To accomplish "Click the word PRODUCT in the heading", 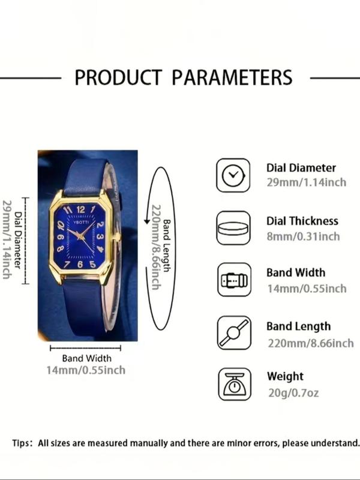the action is tap(118, 77).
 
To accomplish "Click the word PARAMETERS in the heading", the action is tap(232, 77).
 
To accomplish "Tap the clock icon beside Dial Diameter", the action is tap(233, 175).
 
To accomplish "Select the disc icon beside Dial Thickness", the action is tap(233, 228).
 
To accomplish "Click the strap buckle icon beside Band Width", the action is tap(234, 280).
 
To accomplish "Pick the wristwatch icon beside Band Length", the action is tap(234, 333).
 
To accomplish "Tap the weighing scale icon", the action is tap(235, 384).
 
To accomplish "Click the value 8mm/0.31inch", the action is tap(303, 236).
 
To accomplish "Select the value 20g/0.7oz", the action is tap(293, 393).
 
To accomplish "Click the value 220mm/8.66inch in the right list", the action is tap(311, 343).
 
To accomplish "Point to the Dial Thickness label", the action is tap(302, 221).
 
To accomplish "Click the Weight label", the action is tap(285, 376).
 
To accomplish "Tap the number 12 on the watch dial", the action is tap(80, 209).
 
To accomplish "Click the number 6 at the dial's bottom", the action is tap(80, 264).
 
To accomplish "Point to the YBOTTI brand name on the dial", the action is tap(82, 222).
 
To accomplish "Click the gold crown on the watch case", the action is tap(116, 236).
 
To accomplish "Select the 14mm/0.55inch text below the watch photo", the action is tap(86, 370).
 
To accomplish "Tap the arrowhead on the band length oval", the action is tap(147, 221).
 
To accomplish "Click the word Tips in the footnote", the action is tap(21, 443).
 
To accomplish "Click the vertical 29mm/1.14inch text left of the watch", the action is tap(7, 239).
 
